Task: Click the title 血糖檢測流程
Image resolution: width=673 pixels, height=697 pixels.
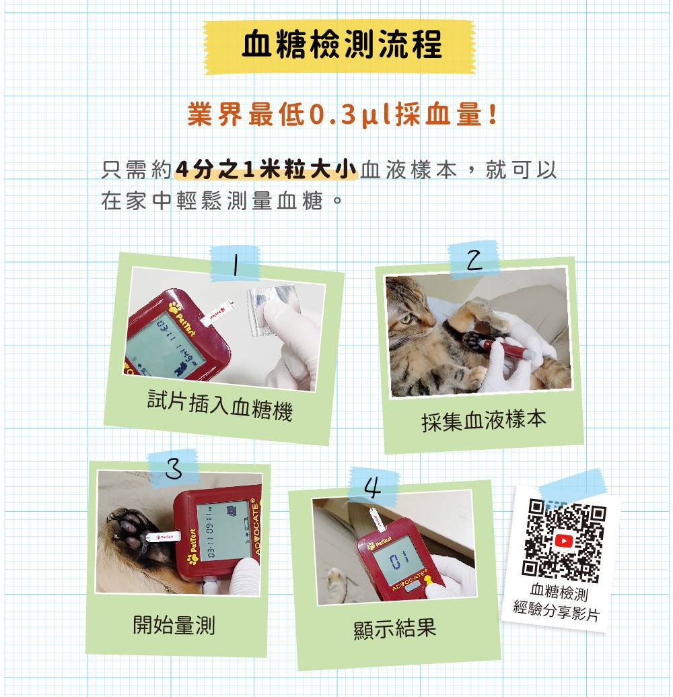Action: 342,44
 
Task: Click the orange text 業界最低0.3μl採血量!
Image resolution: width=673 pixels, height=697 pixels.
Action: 342,114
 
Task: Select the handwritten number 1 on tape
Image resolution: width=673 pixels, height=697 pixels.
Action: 236,265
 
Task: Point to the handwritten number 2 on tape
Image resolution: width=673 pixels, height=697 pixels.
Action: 474,259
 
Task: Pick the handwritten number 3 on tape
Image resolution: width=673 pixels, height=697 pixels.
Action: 174,468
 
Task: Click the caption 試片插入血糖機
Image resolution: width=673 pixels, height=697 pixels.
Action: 220,405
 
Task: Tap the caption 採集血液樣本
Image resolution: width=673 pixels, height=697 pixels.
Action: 483,420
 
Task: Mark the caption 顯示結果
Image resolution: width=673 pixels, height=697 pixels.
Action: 394,628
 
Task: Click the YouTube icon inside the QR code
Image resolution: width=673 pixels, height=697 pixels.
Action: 564,541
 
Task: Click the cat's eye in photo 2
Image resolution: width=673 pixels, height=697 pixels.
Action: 406,319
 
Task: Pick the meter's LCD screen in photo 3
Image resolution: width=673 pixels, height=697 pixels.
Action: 223,531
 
